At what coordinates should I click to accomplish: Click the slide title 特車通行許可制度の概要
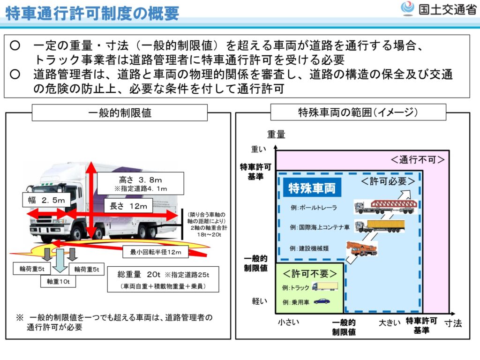click(92, 14)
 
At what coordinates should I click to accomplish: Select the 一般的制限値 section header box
click(120, 112)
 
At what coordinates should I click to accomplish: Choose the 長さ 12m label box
click(128, 206)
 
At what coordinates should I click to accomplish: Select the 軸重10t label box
click(58, 282)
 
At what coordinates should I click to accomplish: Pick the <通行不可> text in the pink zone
click(417, 160)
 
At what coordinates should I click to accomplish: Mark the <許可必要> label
click(388, 181)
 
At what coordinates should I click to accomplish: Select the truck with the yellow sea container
click(379, 227)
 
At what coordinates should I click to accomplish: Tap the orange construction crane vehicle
click(361, 247)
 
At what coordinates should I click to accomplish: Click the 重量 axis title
click(276, 135)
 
